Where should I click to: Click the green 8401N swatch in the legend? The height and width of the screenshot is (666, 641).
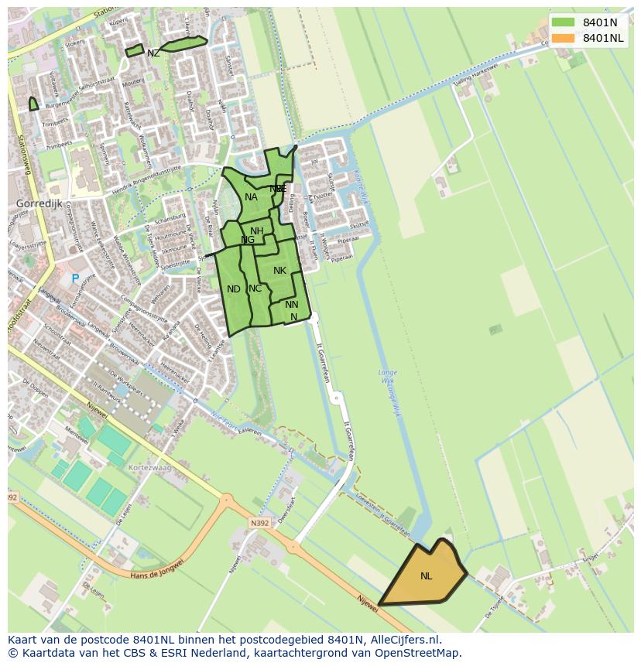coord(563,22)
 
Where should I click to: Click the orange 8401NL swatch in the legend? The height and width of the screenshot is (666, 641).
coord(563,38)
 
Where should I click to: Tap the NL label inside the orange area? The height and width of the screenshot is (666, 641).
coord(427,576)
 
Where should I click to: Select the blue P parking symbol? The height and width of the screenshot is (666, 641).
coord(75,278)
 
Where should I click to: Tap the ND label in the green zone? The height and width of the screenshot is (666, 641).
coord(233,289)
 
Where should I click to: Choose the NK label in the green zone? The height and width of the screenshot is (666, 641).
coord(279,271)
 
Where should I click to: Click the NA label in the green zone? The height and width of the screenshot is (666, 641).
coord(251,197)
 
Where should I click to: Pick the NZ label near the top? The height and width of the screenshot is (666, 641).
coord(153,53)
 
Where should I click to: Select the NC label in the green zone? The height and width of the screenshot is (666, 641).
coord(255,289)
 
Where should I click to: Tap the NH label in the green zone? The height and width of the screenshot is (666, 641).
coord(256,231)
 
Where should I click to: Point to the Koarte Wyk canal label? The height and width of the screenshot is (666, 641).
coord(358,183)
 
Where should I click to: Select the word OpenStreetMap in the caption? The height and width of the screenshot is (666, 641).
coord(419,653)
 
